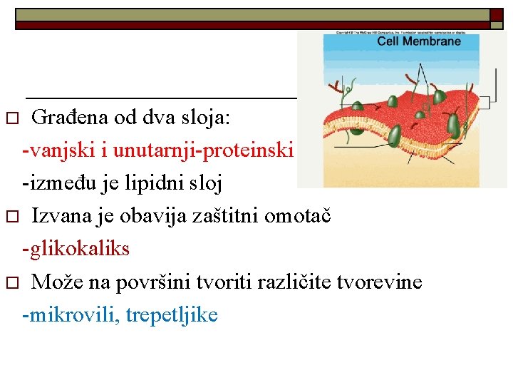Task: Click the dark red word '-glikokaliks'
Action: pyautogui.click(x=76, y=249)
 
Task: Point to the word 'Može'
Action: pyautogui.click(x=55, y=282)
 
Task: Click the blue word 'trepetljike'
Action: pyautogui.click(x=171, y=314)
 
